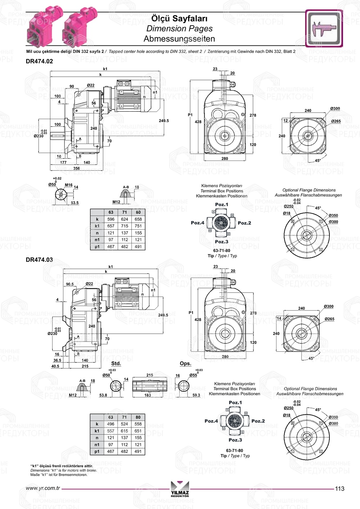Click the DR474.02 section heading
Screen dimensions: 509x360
coord(39,61)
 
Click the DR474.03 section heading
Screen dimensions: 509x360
coord(39,260)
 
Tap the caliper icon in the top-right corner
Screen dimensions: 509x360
coord(324,28)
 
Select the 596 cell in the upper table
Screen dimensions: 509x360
coord(111,219)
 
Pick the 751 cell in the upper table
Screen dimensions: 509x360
coord(138,226)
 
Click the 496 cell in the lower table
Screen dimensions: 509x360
coord(111,424)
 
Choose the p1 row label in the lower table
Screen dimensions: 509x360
coord(97,451)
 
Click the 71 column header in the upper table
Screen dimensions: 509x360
coord(125,212)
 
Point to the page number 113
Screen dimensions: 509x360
coord(339,488)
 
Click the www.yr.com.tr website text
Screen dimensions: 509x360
coord(43,488)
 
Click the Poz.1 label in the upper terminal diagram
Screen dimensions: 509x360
coord(221,204)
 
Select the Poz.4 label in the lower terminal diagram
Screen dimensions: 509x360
coord(211,421)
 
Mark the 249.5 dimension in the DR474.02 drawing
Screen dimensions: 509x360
coord(163,121)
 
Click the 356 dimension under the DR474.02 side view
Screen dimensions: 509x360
coord(76,168)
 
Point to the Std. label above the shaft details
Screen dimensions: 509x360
coord(116,364)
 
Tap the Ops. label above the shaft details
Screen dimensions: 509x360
coord(185,364)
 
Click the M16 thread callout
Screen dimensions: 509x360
coord(68,185)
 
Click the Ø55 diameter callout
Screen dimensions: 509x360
coord(193,375)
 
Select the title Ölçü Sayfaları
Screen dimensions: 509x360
coord(179,18)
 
